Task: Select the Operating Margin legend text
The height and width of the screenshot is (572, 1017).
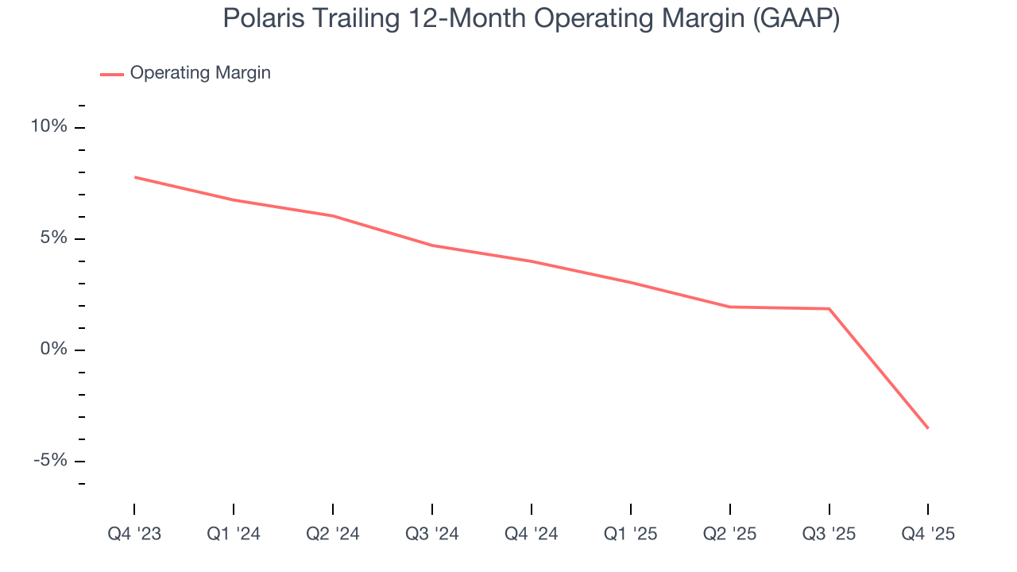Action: click(x=200, y=73)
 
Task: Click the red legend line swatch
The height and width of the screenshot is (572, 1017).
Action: click(x=111, y=74)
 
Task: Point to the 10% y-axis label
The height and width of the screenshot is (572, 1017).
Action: click(x=48, y=127)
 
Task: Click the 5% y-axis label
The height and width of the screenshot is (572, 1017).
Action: click(x=53, y=238)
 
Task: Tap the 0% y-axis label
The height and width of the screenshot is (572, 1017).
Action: click(x=53, y=350)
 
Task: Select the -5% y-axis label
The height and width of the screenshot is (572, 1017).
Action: click(x=50, y=461)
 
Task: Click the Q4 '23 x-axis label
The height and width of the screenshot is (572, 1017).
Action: click(x=134, y=534)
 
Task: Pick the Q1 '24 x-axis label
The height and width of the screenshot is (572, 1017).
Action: click(x=234, y=534)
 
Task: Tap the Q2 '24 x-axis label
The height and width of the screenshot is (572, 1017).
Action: click(x=333, y=534)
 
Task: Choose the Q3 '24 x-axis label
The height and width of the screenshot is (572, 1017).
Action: click(x=432, y=534)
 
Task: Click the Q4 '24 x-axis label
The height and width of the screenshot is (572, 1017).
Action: click(x=531, y=534)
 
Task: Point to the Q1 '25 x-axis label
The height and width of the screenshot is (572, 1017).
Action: click(x=630, y=534)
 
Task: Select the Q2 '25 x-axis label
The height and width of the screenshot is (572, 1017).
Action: click(x=729, y=534)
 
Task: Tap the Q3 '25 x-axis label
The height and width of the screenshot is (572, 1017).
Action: click(x=829, y=534)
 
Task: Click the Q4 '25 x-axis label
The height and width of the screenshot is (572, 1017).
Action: click(x=928, y=534)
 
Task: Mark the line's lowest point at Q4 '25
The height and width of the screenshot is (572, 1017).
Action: click(x=927, y=427)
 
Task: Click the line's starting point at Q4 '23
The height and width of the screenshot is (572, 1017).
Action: click(x=135, y=177)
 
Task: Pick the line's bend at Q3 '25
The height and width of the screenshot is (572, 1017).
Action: click(x=829, y=308)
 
